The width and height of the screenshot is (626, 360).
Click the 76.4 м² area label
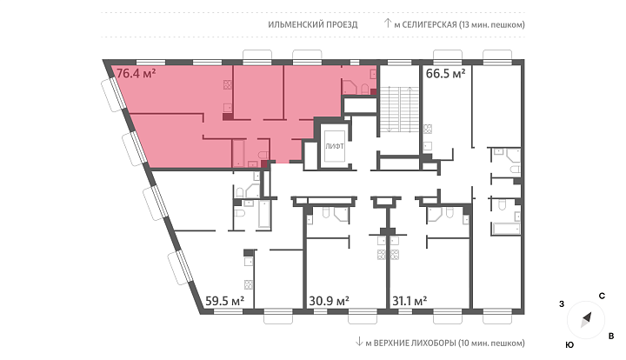pos(136,73)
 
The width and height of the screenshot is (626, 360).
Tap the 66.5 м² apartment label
pos(445,74)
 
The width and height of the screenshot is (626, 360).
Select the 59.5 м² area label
pos(224,301)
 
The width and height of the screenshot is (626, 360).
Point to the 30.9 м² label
pos(329,301)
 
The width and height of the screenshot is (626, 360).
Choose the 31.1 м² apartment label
pos(410,301)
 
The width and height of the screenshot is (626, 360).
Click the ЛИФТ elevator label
pos(335,146)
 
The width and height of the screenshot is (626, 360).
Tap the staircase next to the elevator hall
pos(398,109)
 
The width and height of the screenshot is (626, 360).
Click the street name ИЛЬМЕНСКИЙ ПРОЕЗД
pos(313,24)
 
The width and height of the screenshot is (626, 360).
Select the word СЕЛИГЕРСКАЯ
pos(430,24)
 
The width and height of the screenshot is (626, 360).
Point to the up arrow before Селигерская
pos(387,23)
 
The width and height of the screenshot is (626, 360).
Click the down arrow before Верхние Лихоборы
pos(359,342)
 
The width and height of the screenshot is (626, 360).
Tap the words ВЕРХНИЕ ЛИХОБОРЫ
pos(415,343)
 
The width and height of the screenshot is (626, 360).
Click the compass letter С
pos(602,297)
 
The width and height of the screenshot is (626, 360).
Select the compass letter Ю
pos(569,345)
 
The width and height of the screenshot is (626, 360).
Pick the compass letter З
pos(562,304)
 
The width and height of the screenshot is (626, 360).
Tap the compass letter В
pos(611,336)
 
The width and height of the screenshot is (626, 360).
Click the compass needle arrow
pos(586,320)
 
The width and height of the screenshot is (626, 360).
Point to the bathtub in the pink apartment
pos(239,153)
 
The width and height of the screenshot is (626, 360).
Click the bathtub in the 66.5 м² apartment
pos(506,229)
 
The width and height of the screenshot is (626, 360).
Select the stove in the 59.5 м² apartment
pos(249,284)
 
